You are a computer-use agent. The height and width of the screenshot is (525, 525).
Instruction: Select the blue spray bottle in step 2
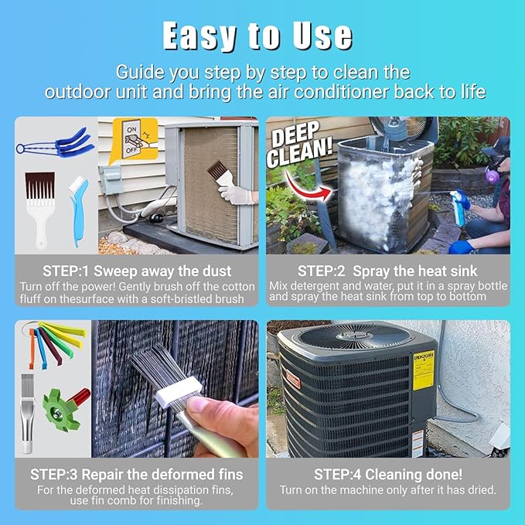click(459, 206)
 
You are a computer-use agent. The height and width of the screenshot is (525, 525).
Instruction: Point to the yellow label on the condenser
click(423, 370)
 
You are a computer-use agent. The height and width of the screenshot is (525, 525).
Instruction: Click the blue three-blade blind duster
click(56, 143)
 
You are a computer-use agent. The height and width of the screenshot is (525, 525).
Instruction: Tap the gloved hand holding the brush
click(237, 193)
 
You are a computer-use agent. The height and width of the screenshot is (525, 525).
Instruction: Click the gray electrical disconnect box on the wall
click(110, 179)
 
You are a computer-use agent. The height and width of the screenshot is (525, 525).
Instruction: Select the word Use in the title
click(322, 36)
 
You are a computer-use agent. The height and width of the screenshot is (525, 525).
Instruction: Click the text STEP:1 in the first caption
click(66, 271)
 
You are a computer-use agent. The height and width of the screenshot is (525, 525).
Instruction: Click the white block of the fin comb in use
click(179, 392)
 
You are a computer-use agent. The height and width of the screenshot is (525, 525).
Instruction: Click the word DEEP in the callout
click(295, 135)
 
